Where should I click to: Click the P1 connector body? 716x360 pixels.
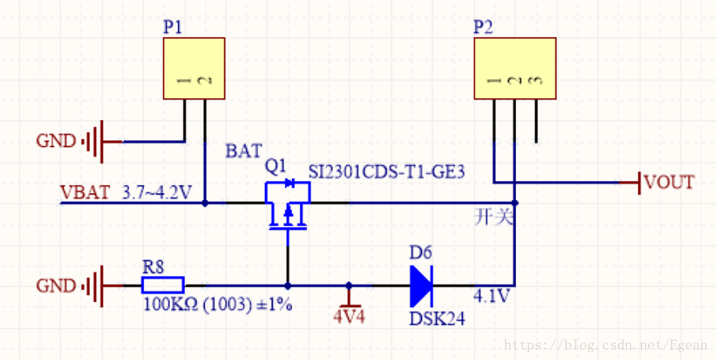pyautogui.click(x=194, y=68)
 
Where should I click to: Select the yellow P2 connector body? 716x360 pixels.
pyautogui.click(x=515, y=68)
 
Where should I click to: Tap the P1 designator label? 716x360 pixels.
pyautogui.click(x=173, y=27)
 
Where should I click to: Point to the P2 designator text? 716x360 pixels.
pyautogui.click(x=483, y=27)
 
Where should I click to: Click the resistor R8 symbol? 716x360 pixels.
pyautogui.click(x=163, y=285)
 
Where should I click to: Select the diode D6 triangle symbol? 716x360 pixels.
pyautogui.click(x=421, y=287)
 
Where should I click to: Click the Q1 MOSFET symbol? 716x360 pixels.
pyautogui.click(x=287, y=205)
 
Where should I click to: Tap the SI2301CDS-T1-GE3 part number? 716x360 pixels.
pyautogui.click(x=386, y=172)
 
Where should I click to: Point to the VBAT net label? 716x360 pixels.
pyautogui.click(x=85, y=192)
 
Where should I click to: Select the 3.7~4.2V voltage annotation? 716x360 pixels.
pyautogui.click(x=157, y=192)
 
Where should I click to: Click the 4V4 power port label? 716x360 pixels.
pyautogui.click(x=349, y=316)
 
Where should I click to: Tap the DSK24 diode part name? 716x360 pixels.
pyautogui.click(x=437, y=319)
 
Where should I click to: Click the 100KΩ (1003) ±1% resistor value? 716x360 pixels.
pyautogui.click(x=218, y=304)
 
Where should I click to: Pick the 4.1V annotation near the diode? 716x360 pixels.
pyautogui.click(x=491, y=296)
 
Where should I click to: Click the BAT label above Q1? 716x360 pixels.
pyautogui.click(x=244, y=151)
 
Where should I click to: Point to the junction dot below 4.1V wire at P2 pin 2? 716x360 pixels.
pyautogui.click(x=515, y=202)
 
